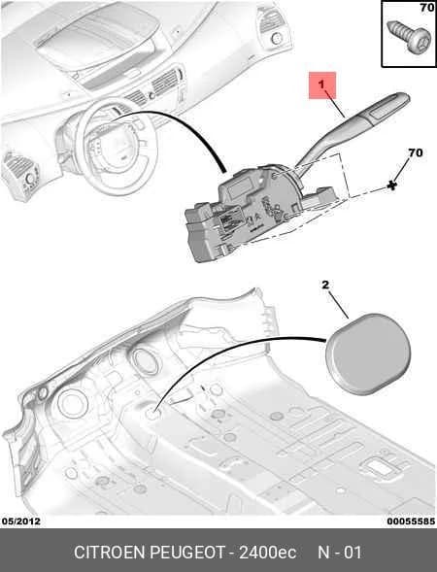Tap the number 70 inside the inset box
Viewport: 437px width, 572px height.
click(x=426, y=8)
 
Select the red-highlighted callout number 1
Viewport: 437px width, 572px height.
click(x=321, y=84)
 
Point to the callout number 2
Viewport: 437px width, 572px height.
click(x=325, y=285)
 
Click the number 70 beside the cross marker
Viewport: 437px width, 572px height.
click(x=416, y=152)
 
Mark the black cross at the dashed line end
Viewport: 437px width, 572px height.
click(x=392, y=185)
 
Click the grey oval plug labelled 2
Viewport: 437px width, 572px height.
click(x=368, y=353)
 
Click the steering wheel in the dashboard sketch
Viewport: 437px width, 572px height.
click(x=118, y=146)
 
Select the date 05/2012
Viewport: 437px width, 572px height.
click(x=20, y=521)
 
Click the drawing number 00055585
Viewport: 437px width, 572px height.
click(x=411, y=521)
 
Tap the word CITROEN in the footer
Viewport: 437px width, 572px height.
click(x=109, y=553)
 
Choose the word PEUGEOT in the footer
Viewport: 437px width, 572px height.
click(x=187, y=553)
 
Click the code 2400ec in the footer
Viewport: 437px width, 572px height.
click(x=267, y=553)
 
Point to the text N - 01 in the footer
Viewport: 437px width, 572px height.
click(x=340, y=553)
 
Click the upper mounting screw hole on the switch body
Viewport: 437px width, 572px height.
click(x=274, y=177)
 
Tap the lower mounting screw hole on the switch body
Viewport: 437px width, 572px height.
click(x=286, y=218)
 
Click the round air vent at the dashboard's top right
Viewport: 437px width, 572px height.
click(x=276, y=38)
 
